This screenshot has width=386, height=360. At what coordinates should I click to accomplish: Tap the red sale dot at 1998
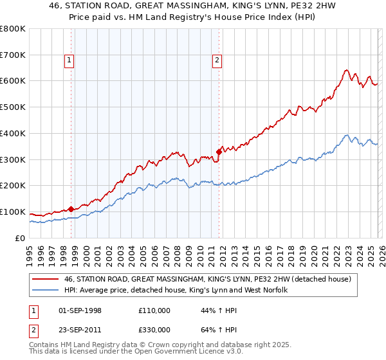71,209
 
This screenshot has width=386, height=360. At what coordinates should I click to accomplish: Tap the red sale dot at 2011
219,152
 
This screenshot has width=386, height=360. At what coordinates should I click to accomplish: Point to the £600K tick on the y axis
14,81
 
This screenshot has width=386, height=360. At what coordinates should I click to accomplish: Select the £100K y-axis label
14,212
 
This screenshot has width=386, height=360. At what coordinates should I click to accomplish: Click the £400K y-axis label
14,134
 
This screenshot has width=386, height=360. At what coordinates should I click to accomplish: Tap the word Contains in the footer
44,346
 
